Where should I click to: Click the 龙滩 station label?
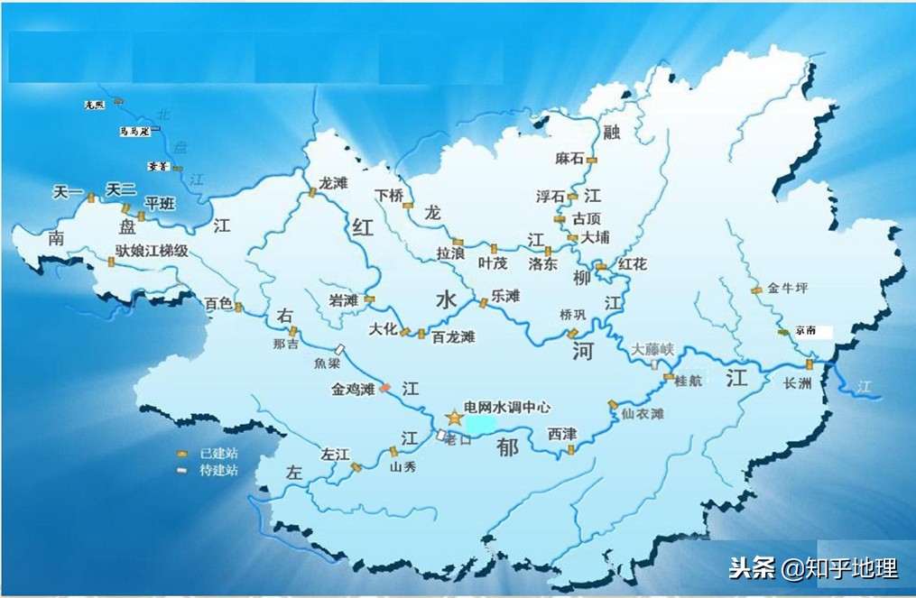click(x=333, y=182)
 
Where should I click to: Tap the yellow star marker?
click(x=453, y=417)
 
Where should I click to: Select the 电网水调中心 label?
click(x=506, y=407)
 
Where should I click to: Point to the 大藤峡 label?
click(x=652, y=348)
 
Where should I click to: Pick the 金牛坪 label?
click(x=787, y=289)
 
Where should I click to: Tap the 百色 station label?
click(x=218, y=304)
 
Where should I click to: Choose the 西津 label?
click(x=562, y=434)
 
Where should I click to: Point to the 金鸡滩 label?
click(x=352, y=390)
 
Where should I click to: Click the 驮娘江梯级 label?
click(x=151, y=251)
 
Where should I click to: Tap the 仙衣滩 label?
click(x=643, y=413)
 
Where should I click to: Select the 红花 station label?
click(x=632, y=264)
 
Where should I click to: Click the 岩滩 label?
click(x=344, y=300)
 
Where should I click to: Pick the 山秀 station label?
click(x=402, y=467)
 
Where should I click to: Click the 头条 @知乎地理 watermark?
click(x=813, y=568)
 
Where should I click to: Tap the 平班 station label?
click(x=161, y=204)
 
